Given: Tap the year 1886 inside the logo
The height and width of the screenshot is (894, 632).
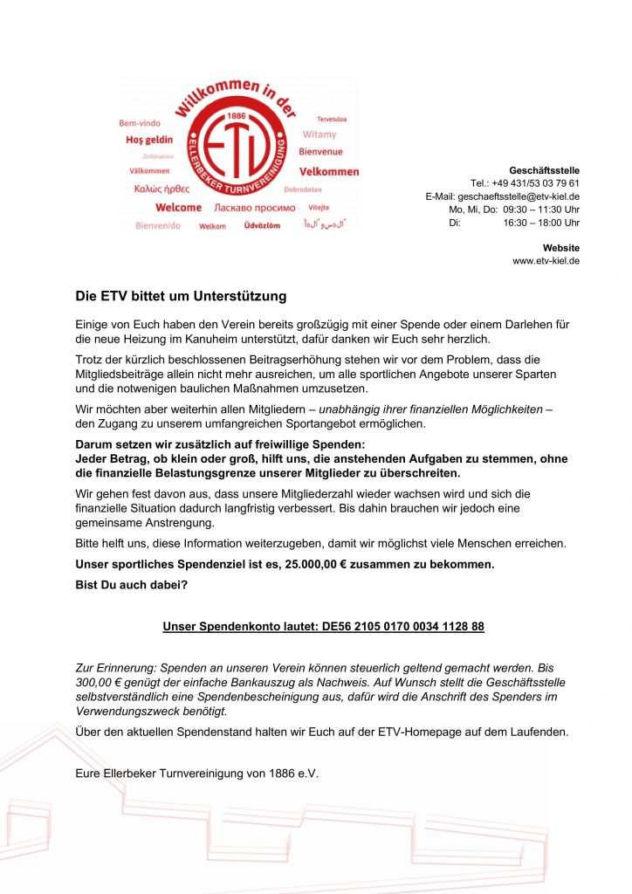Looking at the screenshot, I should click(x=235, y=115).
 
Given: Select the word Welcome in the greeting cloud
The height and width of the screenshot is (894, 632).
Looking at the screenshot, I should click(x=178, y=208).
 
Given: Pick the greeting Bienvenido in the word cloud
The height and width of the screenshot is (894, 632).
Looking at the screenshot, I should click(x=158, y=225).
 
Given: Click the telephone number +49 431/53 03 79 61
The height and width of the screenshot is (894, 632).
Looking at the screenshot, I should click(x=535, y=183).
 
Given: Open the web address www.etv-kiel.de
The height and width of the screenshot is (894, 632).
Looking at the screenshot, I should click(x=546, y=261).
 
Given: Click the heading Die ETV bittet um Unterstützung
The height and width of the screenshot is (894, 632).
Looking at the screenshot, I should click(x=181, y=297).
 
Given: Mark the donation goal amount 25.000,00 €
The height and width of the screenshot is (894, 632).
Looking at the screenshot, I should click(x=325, y=564).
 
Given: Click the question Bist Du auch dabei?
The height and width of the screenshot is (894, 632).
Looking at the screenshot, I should click(x=130, y=584).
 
